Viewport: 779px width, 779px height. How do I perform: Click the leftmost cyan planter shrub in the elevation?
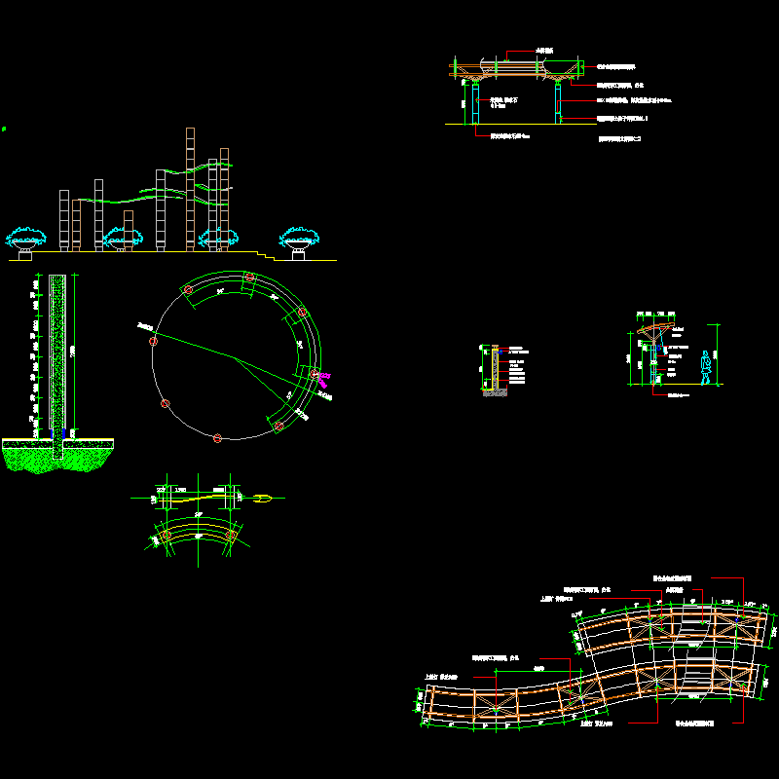pyautogui.click(x=23, y=236)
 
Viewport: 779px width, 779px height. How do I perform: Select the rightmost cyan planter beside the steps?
pyautogui.click(x=299, y=237)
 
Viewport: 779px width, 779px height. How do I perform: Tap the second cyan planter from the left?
pyautogui.click(x=121, y=237)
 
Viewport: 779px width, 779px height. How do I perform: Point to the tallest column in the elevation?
pyautogui.click(x=191, y=190)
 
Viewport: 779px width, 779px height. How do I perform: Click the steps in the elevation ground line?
pyautogui.click(x=265, y=255)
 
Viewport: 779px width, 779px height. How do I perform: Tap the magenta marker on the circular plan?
pyautogui.click(x=325, y=375)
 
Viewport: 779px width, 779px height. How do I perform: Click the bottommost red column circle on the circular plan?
pyautogui.click(x=217, y=438)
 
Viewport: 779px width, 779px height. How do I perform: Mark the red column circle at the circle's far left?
pyautogui.click(x=153, y=341)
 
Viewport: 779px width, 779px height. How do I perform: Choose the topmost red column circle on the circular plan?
pyautogui.click(x=249, y=278)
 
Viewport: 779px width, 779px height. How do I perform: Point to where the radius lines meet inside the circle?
pyautogui.click(x=234, y=357)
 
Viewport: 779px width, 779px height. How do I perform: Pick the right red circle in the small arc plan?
pyautogui.click(x=232, y=536)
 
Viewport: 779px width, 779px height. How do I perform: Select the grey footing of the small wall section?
pyautogui.click(x=496, y=391)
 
